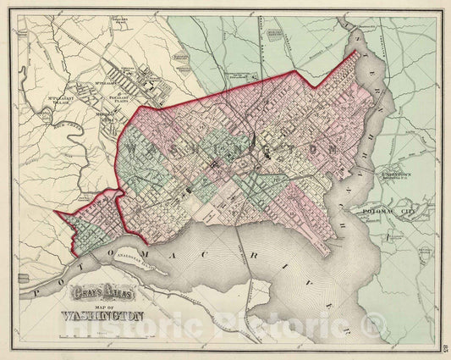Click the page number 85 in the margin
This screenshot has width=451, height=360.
(444, 340)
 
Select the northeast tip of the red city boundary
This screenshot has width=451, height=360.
(353, 53)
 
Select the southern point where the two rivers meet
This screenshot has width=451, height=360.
(331, 253)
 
